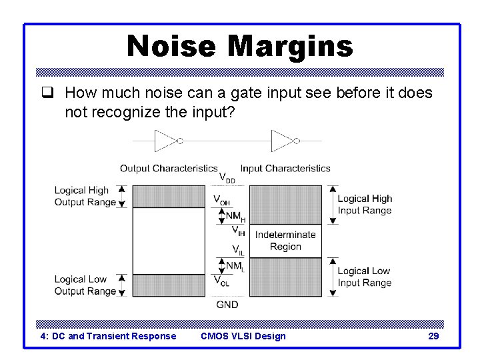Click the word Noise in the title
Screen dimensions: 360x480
tap(171, 47)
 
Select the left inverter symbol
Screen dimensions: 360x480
tap(166, 141)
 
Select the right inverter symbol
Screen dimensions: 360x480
tap(284, 141)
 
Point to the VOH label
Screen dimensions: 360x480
tap(222, 199)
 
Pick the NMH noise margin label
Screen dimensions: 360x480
tap(235, 216)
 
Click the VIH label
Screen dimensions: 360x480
tap(238, 231)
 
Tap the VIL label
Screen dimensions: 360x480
tap(238, 249)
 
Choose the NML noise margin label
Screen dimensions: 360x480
tap(234, 266)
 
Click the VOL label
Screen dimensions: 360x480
tap(222, 281)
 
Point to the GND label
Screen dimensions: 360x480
tap(227, 305)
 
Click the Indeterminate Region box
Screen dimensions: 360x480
tap(285, 241)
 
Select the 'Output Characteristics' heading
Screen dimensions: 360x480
tap(169, 168)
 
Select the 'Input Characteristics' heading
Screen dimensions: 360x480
tap(285, 168)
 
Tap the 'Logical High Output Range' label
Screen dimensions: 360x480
tap(81, 196)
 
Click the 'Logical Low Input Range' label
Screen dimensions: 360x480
tap(364, 277)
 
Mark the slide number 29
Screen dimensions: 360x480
tap(433, 336)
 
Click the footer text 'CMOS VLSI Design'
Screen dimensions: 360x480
tap(243, 336)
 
